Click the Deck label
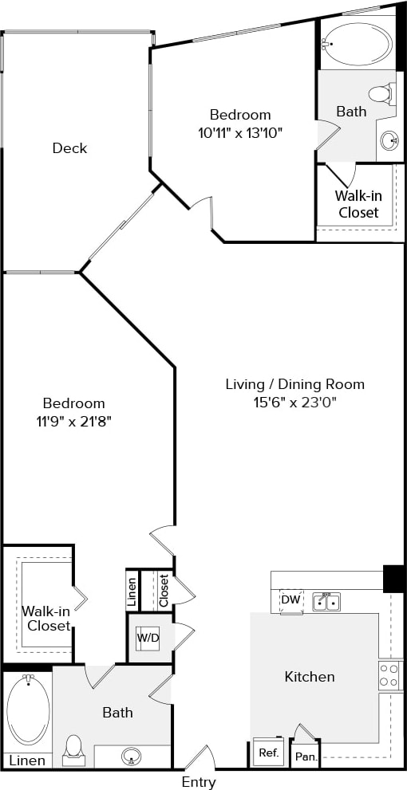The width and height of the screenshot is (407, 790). point(69,148)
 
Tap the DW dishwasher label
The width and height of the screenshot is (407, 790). point(290,599)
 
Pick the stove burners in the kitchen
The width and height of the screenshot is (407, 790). point(390,675)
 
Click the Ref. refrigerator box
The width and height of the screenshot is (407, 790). point(267,752)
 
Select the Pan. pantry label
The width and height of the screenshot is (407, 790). point(304,755)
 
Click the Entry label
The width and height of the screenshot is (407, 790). point(198,782)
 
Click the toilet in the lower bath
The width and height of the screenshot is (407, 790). point(73,749)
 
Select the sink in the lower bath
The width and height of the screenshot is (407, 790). point(131,756)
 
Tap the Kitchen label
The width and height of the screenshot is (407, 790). point(310,677)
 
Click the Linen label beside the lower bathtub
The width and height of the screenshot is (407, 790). point(27,761)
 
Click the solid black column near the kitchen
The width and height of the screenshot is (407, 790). point(393,579)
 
